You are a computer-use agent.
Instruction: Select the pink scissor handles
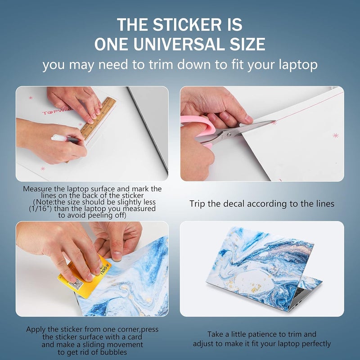[198, 130]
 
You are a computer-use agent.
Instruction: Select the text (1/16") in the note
[42, 209]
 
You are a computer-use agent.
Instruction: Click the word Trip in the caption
[198, 204]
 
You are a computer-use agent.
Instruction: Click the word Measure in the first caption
[39, 189]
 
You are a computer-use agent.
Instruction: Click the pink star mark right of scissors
[335, 135]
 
